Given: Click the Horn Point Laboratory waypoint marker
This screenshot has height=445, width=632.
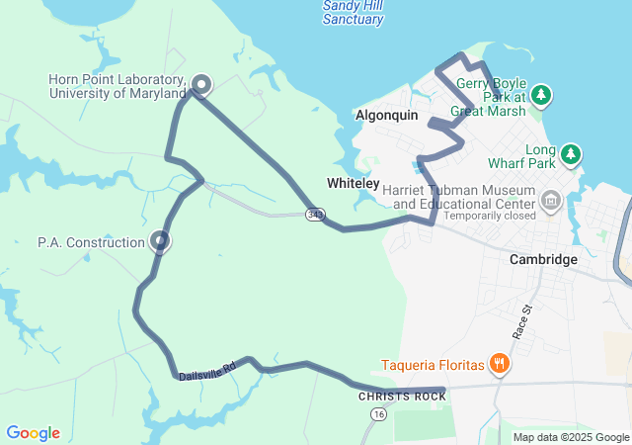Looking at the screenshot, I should (x=200, y=85).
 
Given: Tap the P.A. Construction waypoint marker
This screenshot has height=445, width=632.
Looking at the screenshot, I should (x=160, y=240).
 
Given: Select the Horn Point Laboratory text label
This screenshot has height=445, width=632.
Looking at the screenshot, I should (x=118, y=86).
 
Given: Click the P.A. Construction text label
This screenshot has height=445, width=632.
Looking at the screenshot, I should (x=91, y=241).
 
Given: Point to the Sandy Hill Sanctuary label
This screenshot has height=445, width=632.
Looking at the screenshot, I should (x=353, y=12).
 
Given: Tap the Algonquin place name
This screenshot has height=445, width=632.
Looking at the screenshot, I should (x=386, y=116).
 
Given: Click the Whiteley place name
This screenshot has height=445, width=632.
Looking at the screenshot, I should (x=353, y=184).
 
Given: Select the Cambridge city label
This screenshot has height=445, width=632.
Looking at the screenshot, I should (x=543, y=259).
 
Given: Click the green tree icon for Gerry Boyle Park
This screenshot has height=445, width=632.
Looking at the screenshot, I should (x=540, y=95).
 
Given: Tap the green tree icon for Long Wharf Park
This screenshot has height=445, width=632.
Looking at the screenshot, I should (x=570, y=154).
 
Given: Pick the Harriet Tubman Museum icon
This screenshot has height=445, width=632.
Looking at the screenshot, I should (x=550, y=203).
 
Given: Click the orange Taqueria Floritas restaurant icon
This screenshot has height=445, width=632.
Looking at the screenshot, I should (x=500, y=365).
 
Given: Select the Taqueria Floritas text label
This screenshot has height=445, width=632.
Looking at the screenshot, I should (x=434, y=365).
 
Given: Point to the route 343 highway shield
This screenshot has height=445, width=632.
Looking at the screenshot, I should (x=315, y=214).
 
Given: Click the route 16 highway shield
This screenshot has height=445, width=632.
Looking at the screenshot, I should (x=379, y=414).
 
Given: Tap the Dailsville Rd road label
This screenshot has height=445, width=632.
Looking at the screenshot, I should (x=207, y=370).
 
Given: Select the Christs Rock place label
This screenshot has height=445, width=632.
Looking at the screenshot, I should (x=402, y=397).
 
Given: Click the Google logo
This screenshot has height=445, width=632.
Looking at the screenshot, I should (x=33, y=433).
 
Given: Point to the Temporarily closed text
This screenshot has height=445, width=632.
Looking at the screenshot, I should (x=490, y=215).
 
